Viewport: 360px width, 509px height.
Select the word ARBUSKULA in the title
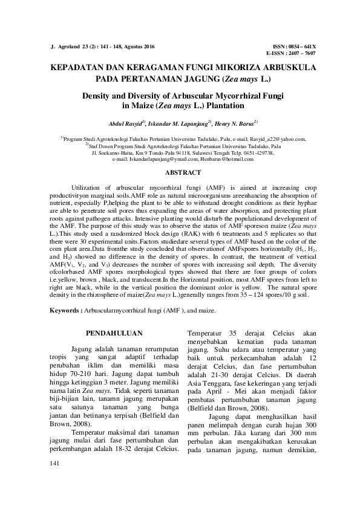pyautogui.click(x=281, y=68)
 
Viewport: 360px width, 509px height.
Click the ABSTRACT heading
pyautogui.click(x=180, y=173)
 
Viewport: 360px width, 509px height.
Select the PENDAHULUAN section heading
pyautogui.click(x=114, y=332)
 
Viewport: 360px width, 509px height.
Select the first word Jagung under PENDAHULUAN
pyautogui.click(x=83, y=349)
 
